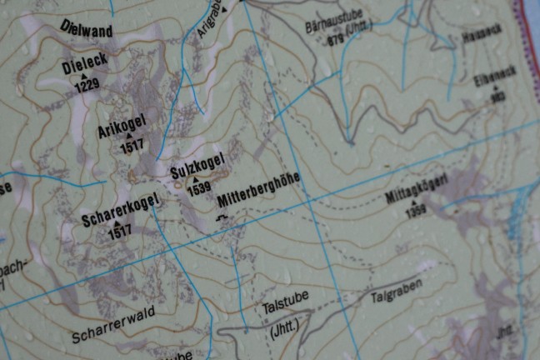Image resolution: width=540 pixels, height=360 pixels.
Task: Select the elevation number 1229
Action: pos(87,85)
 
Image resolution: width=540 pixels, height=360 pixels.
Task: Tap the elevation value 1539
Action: pos(199,190)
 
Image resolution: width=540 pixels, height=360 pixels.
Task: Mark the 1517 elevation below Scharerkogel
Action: pos(119,234)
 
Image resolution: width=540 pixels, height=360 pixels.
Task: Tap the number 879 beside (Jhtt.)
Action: pos(335,39)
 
